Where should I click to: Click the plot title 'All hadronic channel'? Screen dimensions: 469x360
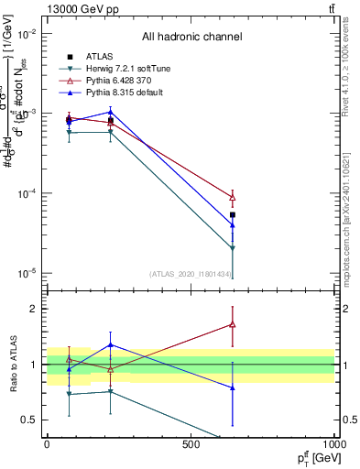coord(191,37)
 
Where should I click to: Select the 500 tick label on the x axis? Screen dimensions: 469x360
coord(191,445)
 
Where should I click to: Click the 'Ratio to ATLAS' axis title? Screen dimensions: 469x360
coord(12,364)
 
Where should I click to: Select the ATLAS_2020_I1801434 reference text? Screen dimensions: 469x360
coord(191,273)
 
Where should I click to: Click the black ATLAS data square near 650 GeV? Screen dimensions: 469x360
coord(233,215)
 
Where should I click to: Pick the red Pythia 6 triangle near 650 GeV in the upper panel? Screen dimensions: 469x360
coord(233,197)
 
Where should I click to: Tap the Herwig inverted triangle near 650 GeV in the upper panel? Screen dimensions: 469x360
coord(233,248)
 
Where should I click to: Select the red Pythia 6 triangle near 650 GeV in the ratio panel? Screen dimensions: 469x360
coord(233,323)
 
